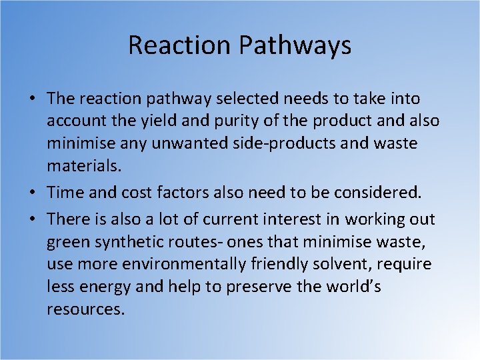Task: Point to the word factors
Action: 186,193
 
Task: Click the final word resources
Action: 85,310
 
